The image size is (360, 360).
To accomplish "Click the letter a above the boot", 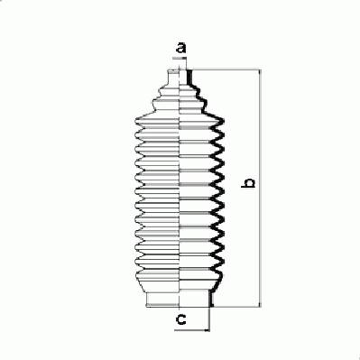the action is [x=181, y=48].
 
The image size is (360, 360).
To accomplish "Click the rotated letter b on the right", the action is [x=248, y=183].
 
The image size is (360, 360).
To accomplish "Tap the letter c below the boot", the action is [x=180, y=319].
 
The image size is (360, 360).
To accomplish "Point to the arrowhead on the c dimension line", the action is [x=207, y=330].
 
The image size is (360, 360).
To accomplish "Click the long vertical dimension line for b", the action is [x=260, y=189].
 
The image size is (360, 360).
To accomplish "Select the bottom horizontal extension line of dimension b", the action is [x=237, y=307].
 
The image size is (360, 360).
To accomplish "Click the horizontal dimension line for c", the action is [x=192, y=330].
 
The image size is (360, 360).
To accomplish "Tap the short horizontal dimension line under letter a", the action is [x=180, y=57].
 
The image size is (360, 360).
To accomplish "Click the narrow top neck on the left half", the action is [x=173, y=78].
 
